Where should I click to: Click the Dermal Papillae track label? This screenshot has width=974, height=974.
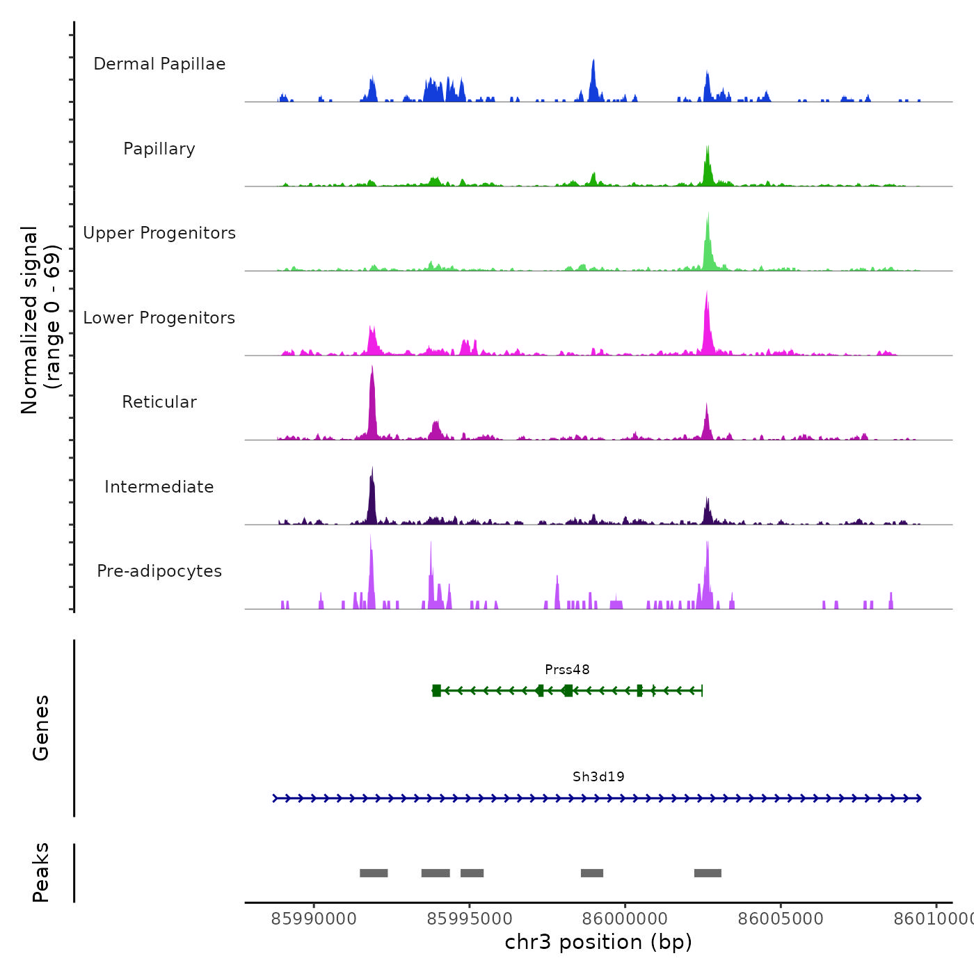pos(159,64)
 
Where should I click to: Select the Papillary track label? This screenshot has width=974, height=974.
pos(159,149)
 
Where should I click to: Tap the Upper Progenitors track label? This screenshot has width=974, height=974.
pos(159,233)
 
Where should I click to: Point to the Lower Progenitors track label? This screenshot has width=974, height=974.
pos(159,318)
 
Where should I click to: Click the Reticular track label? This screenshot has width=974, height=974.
pos(159,402)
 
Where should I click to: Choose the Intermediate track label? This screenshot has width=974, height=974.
pos(159,487)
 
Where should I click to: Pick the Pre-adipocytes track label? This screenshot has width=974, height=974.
pos(159,571)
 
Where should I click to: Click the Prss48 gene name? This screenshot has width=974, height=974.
pos(567,670)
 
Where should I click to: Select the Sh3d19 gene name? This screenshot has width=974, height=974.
pos(598,777)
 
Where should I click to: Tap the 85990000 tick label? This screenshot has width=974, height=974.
pos(314,919)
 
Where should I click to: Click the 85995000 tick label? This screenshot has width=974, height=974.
pos(470,919)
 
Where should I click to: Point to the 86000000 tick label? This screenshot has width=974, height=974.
pos(625,919)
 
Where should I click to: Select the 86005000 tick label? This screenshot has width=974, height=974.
pos(781,919)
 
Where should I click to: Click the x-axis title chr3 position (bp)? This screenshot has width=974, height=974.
pos(598,942)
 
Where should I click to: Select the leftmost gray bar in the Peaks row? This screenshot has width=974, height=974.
pos(374,873)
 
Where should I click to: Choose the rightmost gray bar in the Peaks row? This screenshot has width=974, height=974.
pos(708,873)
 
